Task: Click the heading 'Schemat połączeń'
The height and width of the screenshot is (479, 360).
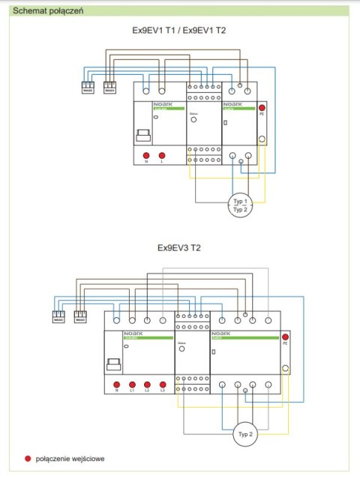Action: point(45,11)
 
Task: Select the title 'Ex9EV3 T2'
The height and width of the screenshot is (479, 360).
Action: point(178,247)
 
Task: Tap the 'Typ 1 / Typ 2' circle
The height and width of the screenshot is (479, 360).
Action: point(241,206)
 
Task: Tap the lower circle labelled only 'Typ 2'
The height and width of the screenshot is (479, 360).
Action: point(244,434)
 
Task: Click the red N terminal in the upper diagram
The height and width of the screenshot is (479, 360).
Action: point(147,154)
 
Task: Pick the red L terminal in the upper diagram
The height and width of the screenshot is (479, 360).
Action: point(162,154)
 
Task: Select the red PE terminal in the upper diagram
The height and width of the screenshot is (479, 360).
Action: point(262,109)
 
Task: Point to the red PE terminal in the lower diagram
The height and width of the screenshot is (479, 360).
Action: point(284,337)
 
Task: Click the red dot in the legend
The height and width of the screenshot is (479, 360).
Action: point(28,457)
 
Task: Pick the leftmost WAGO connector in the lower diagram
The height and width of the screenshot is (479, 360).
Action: point(58,318)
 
